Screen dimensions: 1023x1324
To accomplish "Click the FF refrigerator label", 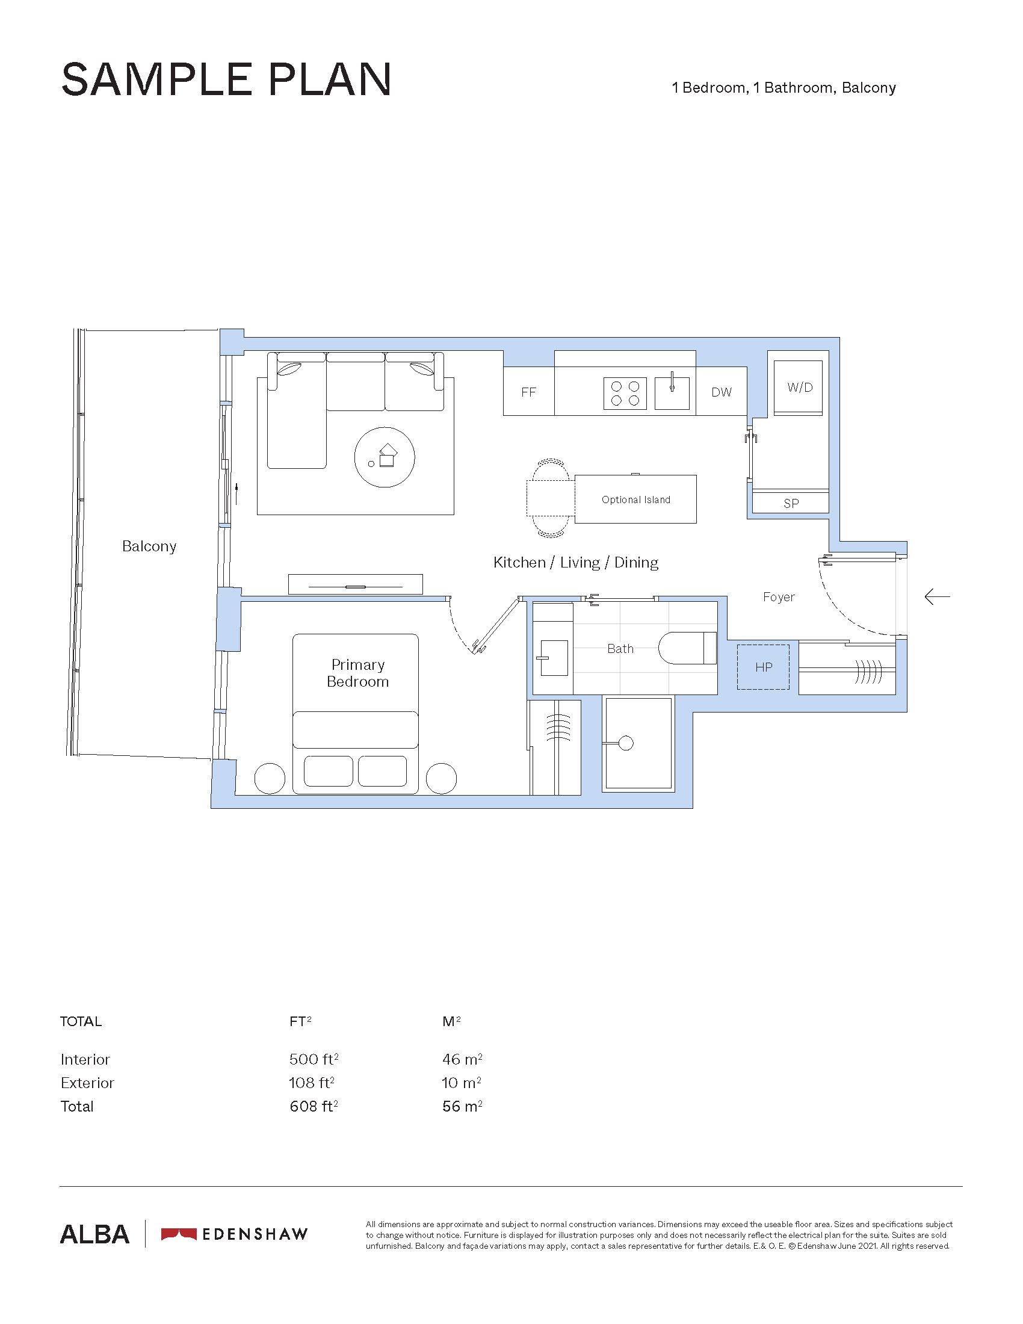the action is pyautogui.click(x=528, y=392).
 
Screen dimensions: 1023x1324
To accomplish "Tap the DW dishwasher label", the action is pyautogui.click(x=721, y=392).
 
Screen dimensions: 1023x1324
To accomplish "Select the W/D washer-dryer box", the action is pyautogui.click(x=798, y=388).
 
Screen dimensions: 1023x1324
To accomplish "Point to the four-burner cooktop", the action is pyautogui.click(x=625, y=393).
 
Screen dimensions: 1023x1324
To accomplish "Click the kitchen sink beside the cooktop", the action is pyautogui.click(x=672, y=393).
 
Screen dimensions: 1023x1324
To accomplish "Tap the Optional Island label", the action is pyautogui.click(x=635, y=500).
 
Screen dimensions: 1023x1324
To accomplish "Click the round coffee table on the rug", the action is pyautogui.click(x=385, y=457).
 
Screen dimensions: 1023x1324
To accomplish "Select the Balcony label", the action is pyautogui.click(x=149, y=546).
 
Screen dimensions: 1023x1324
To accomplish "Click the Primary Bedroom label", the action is pyautogui.click(x=357, y=673).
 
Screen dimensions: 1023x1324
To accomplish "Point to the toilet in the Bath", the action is pyautogui.click(x=687, y=648).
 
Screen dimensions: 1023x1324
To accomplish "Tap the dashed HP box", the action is pyautogui.click(x=763, y=667).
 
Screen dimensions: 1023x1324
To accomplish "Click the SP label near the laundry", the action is pyautogui.click(x=791, y=503).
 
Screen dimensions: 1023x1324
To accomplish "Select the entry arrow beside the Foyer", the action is pyautogui.click(x=937, y=597).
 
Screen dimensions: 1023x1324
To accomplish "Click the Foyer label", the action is pyautogui.click(x=779, y=597).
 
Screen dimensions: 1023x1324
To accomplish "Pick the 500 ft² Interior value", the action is pyautogui.click(x=314, y=1059).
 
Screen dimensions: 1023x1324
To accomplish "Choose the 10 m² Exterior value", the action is pyautogui.click(x=462, y=1083).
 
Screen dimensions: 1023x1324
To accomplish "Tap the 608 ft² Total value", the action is pyautogui.click(x=314, y=1106).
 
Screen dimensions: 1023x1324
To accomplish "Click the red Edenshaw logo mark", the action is pyautogui.click(x=179, y=1234).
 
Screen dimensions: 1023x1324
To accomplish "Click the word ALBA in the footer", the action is pyautogui.click(x=94, y=1234).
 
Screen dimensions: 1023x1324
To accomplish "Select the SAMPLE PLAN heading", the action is pyautogui.click(x=226, y=79).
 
